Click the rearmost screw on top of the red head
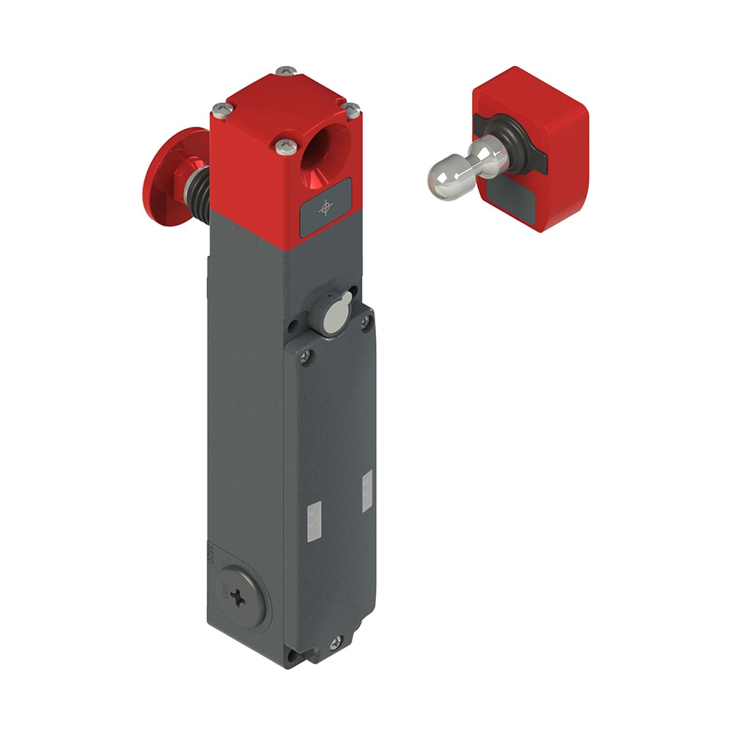pyautogui.click(x=286, y=71)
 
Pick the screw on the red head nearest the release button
pyautogui.click(x=219, y=111)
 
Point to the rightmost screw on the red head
pyautogui.click(x=353, y=111)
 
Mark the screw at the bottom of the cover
pyautogui.click(x=335, y=643)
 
